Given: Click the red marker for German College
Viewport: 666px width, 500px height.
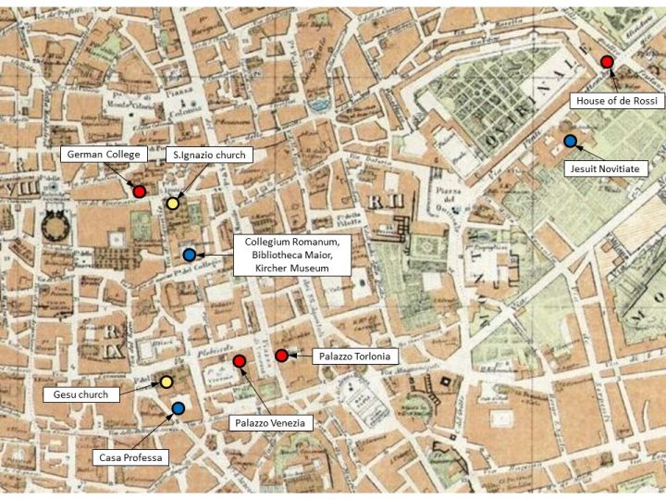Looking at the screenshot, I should tap(139, 191).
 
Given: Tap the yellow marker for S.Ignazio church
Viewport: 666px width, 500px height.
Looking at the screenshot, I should tap(173, 204).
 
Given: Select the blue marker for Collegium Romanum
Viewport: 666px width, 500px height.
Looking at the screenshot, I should tap(189, 255).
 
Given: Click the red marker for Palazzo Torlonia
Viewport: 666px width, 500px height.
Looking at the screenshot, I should tap(281, 356).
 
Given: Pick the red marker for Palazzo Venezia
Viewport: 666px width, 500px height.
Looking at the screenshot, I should tap(239, 361).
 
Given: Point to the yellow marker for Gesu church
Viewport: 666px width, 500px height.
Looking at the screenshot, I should tap(166, 381).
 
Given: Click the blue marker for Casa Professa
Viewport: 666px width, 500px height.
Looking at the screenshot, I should tap(178, 407).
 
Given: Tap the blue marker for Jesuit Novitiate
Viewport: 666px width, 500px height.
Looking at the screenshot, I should tap(571, 141).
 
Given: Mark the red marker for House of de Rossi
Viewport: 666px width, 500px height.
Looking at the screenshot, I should tap(607, 62).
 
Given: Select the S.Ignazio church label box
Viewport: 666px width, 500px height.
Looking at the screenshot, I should tap(209, 155).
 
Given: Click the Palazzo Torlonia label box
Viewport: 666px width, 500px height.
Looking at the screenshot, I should tap(341, 356).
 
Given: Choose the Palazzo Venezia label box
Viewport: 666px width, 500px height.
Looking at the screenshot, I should tap(267, 422).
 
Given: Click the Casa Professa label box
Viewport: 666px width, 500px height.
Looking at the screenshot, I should tap(130, 457).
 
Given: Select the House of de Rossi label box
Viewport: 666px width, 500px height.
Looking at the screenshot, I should tap(615, 101).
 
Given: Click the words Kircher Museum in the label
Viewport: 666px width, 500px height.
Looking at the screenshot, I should tap(292, 268).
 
